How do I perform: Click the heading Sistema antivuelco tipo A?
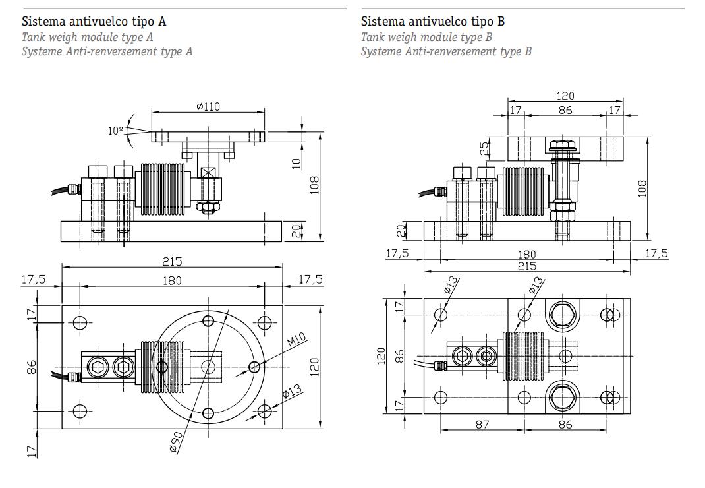tap(94, 22)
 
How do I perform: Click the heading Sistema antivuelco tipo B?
tap(433, 22)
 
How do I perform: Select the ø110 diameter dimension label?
tap(208, 107)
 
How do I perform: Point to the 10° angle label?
tap(116, 131)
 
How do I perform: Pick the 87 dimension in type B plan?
tap(482, 425)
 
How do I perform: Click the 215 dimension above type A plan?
tap(172, 262)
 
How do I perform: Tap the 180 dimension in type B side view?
tap(527, 254)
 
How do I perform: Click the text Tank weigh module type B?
tap(426, 37)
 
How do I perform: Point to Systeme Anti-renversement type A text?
tap(107, 51)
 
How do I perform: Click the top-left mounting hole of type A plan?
tap(80, 322)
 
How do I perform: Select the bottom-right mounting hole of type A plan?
tap(264, 412)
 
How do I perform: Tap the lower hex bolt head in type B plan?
tap(564, 398)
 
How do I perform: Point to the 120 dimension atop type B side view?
tap(565, 96)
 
